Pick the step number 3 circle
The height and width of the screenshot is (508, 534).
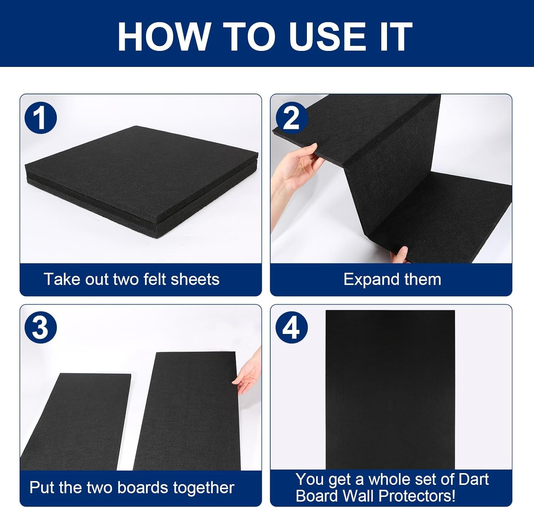41,327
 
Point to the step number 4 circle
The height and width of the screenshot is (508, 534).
292,327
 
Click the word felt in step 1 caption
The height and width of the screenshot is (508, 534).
155,279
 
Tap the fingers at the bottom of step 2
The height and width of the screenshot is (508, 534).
400,254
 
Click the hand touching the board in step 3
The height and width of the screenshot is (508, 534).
247,376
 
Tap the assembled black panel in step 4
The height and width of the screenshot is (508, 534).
390,390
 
